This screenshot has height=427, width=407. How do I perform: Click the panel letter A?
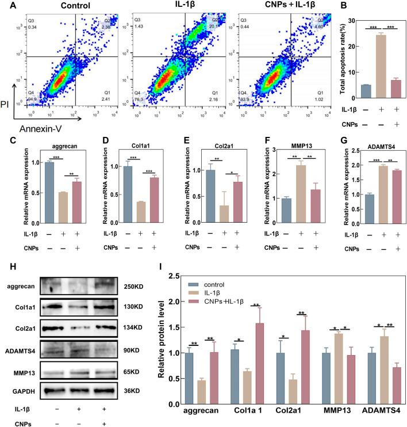tap(6, 7)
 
